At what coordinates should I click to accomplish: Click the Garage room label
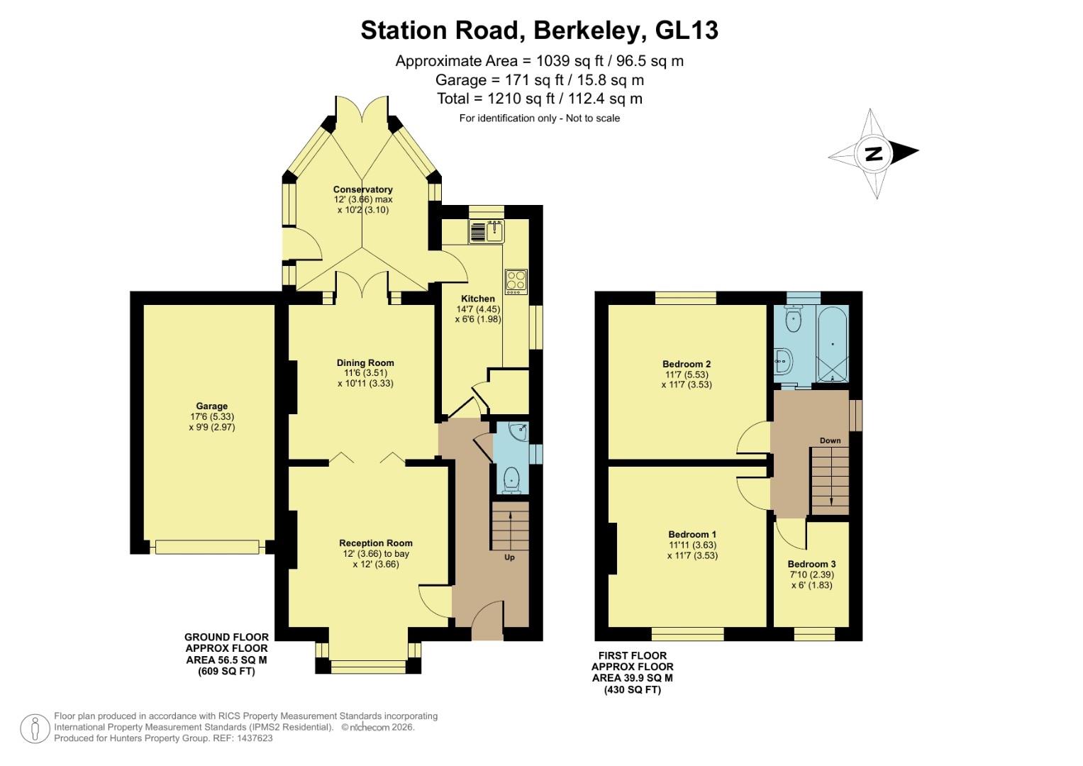(211, 406)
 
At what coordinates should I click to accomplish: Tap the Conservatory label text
(362, 189)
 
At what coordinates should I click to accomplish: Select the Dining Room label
(365, 362)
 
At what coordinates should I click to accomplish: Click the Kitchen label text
(477, 299)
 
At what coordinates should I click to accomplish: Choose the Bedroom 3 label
(811, 565)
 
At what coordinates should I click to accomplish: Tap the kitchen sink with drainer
(486, 231)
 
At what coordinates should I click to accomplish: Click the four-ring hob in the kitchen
(515, 282)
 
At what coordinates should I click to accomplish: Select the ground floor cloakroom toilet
(511, 480)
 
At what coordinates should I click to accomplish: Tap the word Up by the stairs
(509, 557)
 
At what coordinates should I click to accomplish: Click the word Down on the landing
(830, 440)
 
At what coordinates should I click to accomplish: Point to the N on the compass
(873, 153)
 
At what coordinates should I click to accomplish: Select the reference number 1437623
(253, 738)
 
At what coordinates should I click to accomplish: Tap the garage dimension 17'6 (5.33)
(211, 417)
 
